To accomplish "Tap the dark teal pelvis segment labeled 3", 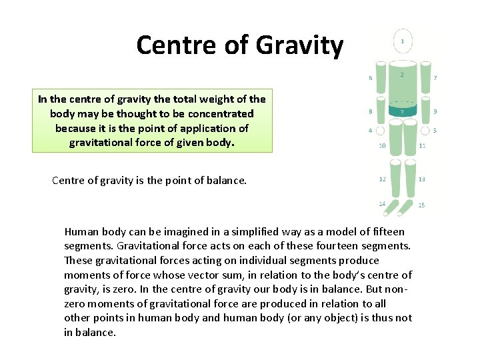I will [401, 111].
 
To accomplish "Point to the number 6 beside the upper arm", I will [371, 78].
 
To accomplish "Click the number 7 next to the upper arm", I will [435, 78].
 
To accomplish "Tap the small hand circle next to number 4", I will [380, 130].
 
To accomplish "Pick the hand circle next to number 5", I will [424, 130].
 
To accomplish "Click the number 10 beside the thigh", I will [382, 145].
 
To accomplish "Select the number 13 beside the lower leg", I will [422, 179].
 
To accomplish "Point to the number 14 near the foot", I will [382, 203].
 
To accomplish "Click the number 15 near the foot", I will [421, 205].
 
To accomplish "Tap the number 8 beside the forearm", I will [370, 111].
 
